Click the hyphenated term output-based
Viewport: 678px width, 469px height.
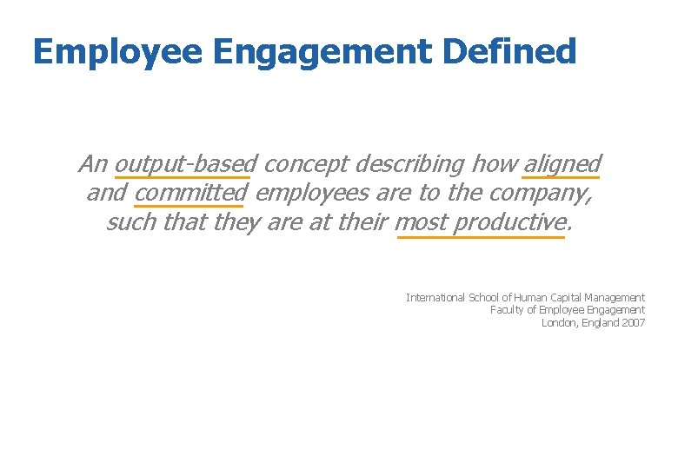185,163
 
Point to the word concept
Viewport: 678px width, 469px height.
302,163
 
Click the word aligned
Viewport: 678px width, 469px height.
562,163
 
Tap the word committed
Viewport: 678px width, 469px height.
191,192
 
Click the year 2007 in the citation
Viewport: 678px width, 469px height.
634,322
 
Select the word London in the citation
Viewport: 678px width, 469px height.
557,322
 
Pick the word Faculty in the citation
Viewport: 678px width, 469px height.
507,309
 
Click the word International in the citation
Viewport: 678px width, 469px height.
435,297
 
